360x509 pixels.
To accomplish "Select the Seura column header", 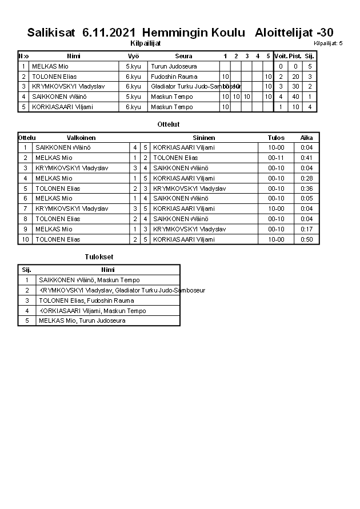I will coord(183,56).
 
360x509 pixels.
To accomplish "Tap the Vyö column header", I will coord(133,56).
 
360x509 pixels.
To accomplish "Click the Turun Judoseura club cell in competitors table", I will coord(174,66).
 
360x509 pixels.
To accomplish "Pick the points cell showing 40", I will coord(295,97).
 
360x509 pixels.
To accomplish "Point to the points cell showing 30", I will coord(295,86).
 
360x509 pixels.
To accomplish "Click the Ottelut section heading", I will coord(168,124).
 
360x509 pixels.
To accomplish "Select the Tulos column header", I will coord(276,138).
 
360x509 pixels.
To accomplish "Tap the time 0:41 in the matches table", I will coord(307,158).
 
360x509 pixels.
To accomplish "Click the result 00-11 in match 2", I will coord(276,158).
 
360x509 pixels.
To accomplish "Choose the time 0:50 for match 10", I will coord(307,239).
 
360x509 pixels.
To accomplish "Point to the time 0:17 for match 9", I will coord(307,229).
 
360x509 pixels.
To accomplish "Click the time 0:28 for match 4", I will coord(307,178).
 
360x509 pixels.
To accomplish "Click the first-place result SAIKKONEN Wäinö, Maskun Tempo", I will coord(89,280).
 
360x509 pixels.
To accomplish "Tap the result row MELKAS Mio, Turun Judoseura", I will coord(82,320).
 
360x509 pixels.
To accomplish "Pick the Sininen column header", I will coord(204,138).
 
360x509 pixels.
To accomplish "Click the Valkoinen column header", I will coord(81,138).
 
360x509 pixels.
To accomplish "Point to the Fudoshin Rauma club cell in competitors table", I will coord(174,77).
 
